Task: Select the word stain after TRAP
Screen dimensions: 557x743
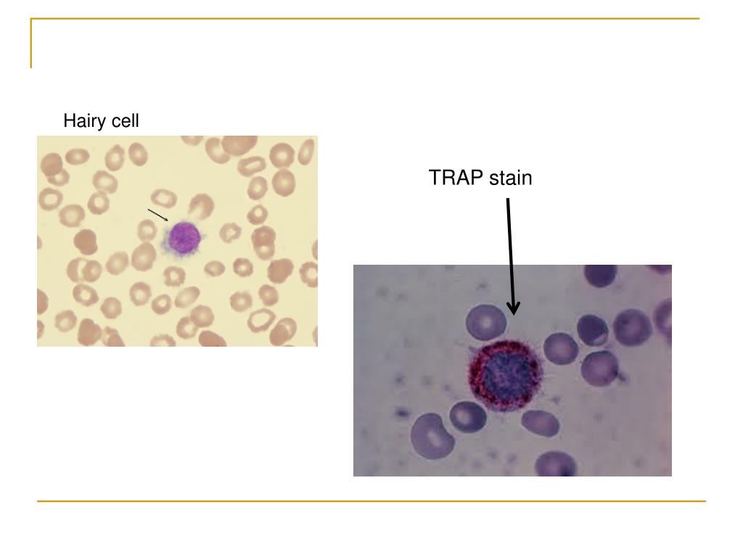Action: (x=510, y=178)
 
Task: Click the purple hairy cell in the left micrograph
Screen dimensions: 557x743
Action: (x=184, y=236)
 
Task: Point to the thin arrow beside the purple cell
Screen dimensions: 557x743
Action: (x=157, y=215)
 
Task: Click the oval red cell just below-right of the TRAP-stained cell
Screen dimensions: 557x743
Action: (x=541, y=423)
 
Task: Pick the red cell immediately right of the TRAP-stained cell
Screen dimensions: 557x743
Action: (x=560, y=348)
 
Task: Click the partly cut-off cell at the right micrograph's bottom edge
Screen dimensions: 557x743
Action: (x=557, y=464)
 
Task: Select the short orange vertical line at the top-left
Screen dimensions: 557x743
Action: (x=31, y=44)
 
